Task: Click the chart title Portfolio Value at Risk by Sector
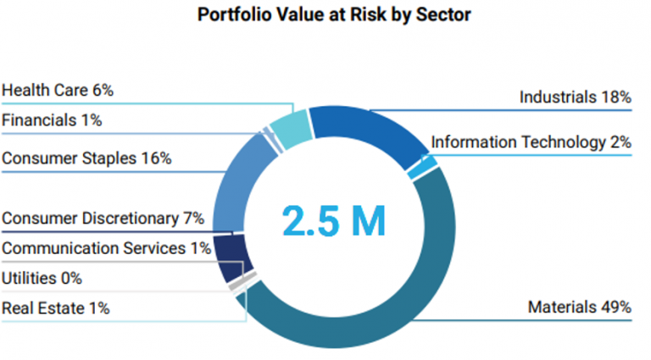point(325,14)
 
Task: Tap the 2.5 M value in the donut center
point(333,219)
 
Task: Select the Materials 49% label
point(579,307)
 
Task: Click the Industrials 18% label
point(575,97)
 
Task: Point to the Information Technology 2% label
point(531,142)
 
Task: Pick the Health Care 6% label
point(58,90)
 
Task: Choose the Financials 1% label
point(52,120)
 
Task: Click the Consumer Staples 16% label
point(86,158)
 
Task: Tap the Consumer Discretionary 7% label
point(103,219)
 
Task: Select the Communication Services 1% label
point(105,248)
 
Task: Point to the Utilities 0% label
point(42,278)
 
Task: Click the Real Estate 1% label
point(55,308)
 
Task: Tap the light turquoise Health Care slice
point(292,129)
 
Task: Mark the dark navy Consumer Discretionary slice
point(230,256)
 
